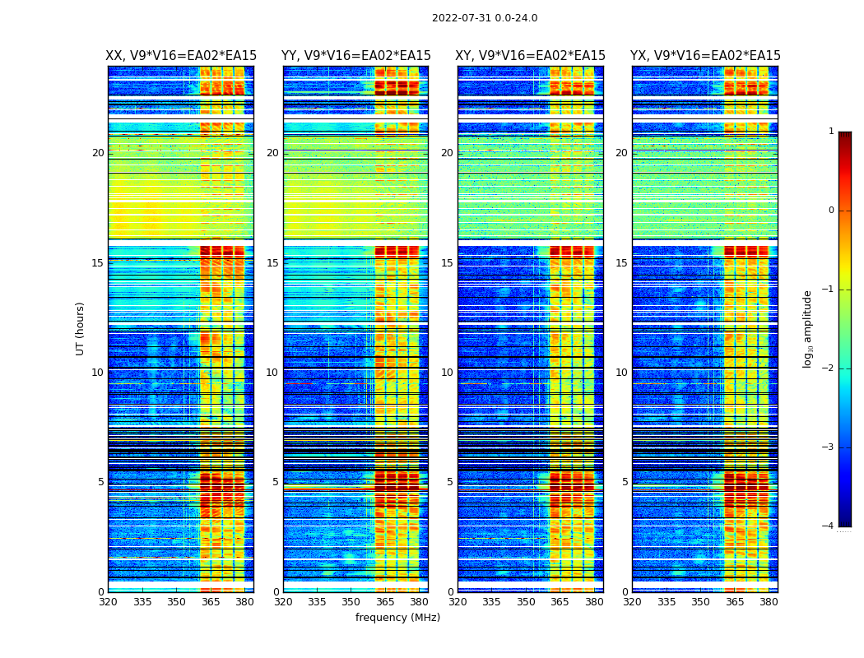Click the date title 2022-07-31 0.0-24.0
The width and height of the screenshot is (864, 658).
(x=485, y=18)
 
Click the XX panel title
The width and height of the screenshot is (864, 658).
(x=181, y=56)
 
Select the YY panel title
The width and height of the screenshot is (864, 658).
(x=355, y=56)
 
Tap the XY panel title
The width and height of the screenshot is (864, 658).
(x=531, y=56)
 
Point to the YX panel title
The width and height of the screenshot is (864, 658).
(x=705, y=56)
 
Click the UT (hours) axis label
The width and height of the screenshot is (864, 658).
(x=81, y=328)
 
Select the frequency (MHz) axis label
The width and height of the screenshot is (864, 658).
(x=397, y=618)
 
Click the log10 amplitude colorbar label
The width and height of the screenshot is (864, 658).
(x=808, y=328)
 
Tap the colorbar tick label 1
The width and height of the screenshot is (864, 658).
(x=830, y=132)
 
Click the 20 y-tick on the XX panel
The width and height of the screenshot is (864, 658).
(x=98, y=153)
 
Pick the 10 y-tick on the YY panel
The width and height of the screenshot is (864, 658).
(x=272, y=373)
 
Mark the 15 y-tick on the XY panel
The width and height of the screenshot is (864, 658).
(x=447, y=263)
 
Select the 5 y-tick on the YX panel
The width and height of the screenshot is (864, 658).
(x=625, y=482)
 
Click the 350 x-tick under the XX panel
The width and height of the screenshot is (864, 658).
(x=176, y=602)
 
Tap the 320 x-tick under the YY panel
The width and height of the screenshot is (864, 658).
(x=283, y=602)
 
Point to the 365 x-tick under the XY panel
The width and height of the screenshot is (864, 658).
(x=560, y=602)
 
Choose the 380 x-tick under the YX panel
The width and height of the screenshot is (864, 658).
(x=769, y=602)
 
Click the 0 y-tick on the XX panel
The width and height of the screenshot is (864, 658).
(x=101, y=592)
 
